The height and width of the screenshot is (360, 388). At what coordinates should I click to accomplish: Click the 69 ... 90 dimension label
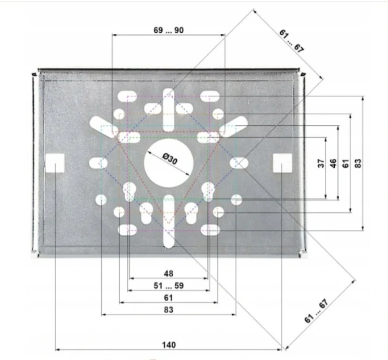[169, 30]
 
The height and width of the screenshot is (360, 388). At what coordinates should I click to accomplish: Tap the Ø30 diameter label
[170, 159]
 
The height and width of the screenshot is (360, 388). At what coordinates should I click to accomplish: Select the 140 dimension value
[169, 345]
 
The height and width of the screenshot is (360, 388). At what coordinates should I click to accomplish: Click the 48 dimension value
[169, 274]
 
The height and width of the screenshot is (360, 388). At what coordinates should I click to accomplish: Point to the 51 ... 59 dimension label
[169, 286]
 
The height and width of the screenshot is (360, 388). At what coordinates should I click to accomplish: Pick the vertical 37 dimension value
[321, 163]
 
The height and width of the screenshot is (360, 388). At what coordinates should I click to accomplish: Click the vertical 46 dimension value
[333, 163]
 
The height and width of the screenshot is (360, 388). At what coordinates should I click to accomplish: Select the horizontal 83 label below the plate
[169, 310]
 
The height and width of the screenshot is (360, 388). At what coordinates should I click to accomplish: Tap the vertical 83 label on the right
[358, 163]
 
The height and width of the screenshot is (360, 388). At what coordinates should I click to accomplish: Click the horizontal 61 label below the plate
[169, 298]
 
